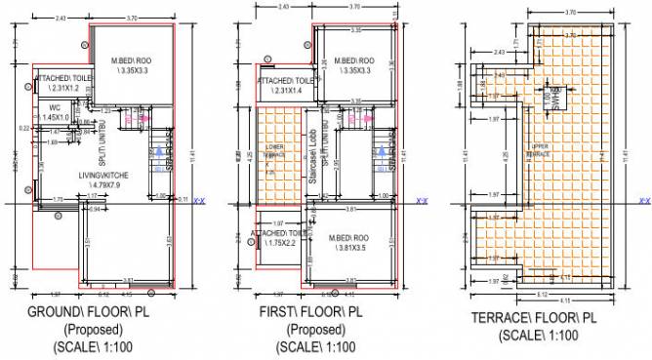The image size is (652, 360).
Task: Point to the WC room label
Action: [x=57, y=106]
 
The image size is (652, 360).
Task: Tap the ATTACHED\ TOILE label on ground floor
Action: [x=65, y=79]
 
